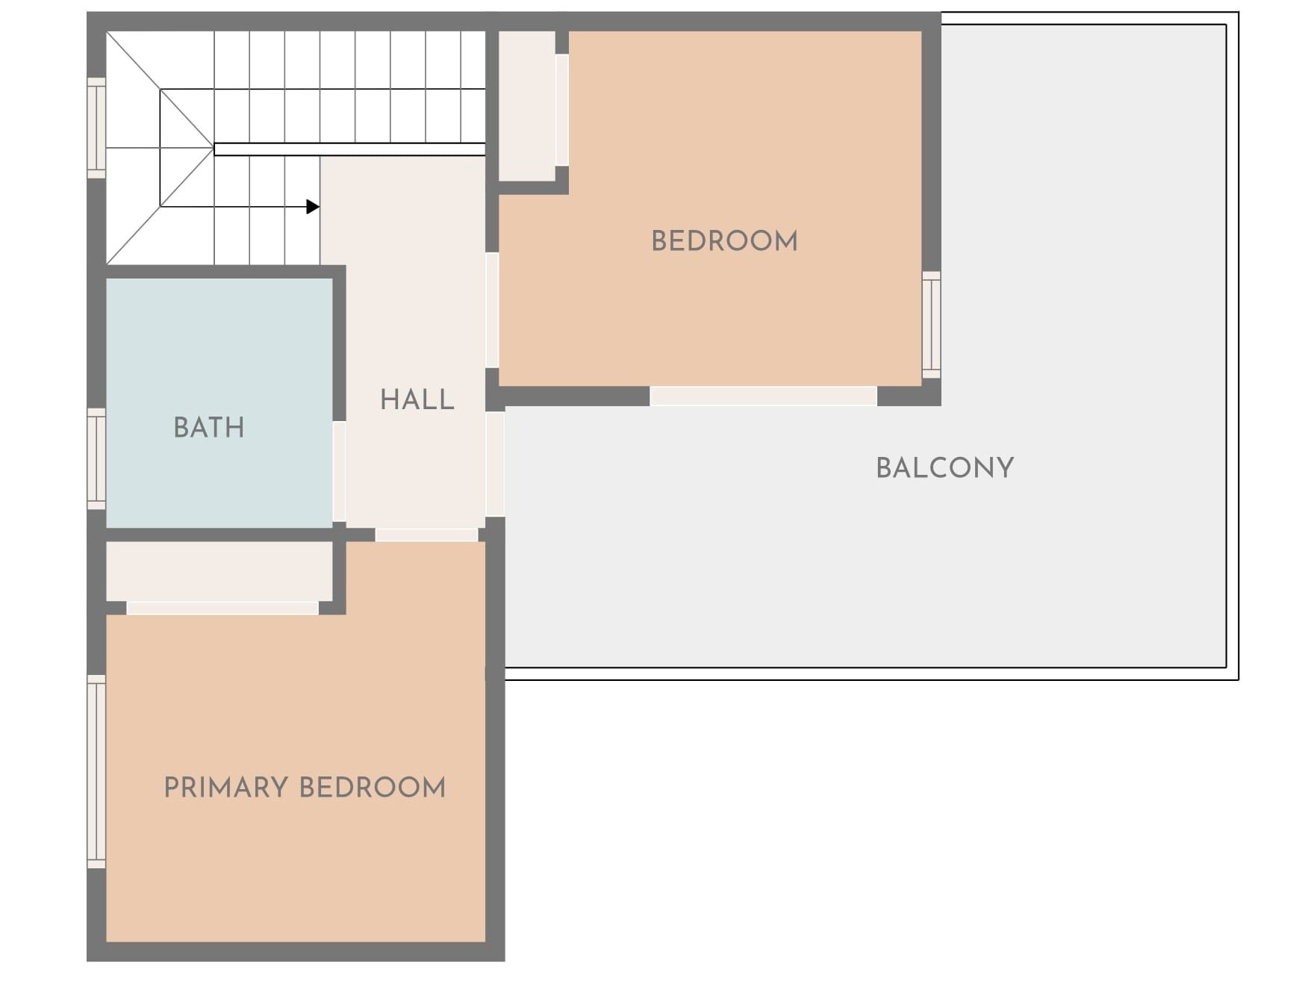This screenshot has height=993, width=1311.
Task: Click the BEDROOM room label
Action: coord(724,241)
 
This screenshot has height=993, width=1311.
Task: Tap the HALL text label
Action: coord(417,399)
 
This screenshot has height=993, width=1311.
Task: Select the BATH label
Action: coord(209,428)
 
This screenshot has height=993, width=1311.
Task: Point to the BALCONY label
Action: coord(944,468)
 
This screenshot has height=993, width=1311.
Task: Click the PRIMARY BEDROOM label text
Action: coord(305,788)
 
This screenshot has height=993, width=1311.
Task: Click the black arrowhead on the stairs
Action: coord(313,207)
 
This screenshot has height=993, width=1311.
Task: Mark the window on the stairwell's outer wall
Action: coord(96,128)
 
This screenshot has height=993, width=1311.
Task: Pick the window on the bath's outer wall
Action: coord(96,458)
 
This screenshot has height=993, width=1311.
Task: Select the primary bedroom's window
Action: coord(96,771)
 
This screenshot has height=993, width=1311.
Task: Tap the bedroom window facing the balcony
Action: coord(931,325)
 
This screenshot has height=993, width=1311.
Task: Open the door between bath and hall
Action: coord(339,471)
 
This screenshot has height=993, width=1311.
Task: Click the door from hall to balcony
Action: coord(495,464)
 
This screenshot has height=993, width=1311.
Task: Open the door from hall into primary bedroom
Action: coord(426,535)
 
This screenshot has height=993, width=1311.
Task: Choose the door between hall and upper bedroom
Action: coord(492,310)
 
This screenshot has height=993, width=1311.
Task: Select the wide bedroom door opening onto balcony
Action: coord(763,396)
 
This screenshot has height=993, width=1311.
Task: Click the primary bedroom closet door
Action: coord(222,608)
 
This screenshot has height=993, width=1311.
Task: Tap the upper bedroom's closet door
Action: coord(562,110)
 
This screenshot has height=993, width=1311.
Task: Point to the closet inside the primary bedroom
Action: coord(219,571)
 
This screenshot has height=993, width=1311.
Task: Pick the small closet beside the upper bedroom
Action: coord(527,105)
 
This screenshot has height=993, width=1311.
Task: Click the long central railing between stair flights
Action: coord(349,149)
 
